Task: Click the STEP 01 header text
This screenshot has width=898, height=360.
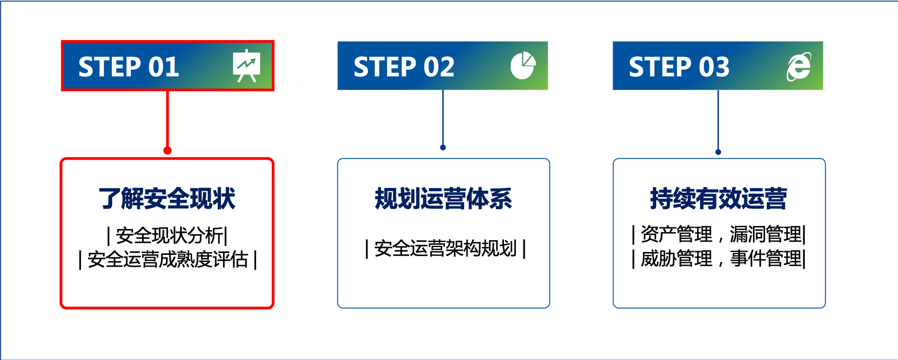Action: pyautogui.click(x=128, y=67)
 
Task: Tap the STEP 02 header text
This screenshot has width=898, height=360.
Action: pyautogui.click(x=404, y=67)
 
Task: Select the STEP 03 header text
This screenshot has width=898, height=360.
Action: pyautogui.click(x=679, y=67)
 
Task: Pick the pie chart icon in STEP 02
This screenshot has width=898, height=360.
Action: pyautogui.click(x=523, y=65)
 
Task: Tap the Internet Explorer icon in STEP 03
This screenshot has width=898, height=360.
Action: pyautogui.click(x=799, y=66)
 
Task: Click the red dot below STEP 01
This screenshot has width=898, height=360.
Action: pyautogui.click(x=167, y=150)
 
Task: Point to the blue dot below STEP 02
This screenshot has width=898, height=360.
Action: pyautogui.click(x=443, y=147)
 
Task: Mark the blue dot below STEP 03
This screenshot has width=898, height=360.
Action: pyautogui.click(x=718, y=152)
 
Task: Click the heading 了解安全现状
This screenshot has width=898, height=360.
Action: pyautogui.click(x=167, y=199)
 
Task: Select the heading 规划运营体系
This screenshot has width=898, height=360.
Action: pyautogui.click(x=443, y=199)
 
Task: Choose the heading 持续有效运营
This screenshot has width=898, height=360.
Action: pyautogui.click(x=718, y=199)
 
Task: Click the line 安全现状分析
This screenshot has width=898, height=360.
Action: pyautogui.click(x=167, y=236)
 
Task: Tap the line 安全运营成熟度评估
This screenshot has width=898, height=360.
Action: pyautogui.click(x=167, y=259)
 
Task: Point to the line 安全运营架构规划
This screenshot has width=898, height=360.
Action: pyautogui.click(x=445, y=248)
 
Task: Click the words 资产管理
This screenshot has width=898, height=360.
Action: pyautogui.click(x=676, y=234)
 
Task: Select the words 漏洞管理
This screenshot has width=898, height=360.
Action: pyautogui.click(x=765, y=234)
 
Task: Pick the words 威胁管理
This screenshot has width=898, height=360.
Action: pyautogui.click(x=676, y=258)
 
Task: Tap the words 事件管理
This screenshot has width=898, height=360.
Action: pyautogui.click(x=765, y=258)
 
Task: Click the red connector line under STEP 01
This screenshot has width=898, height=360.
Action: pyautogui.click(x=167, y=119)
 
